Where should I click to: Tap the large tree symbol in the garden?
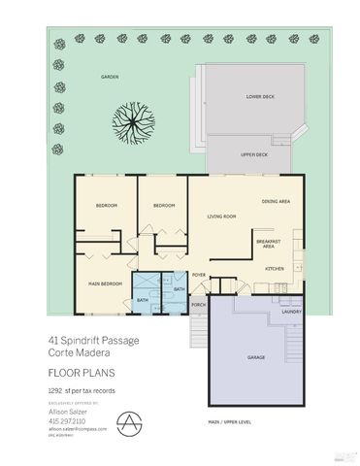coord(133,121)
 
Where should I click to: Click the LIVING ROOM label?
coord(222,216)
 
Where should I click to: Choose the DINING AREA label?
coord(277,201)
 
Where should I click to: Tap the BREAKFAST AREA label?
coord(268,244)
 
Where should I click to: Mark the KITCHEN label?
coord(275,268)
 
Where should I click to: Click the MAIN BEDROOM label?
coord(103,283)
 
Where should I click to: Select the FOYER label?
coord(198,276)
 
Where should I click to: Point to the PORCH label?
coord(198,306)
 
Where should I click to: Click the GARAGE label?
coord(256,357)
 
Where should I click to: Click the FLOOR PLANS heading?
coord(77,371)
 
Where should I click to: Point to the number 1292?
coord(56,389)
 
